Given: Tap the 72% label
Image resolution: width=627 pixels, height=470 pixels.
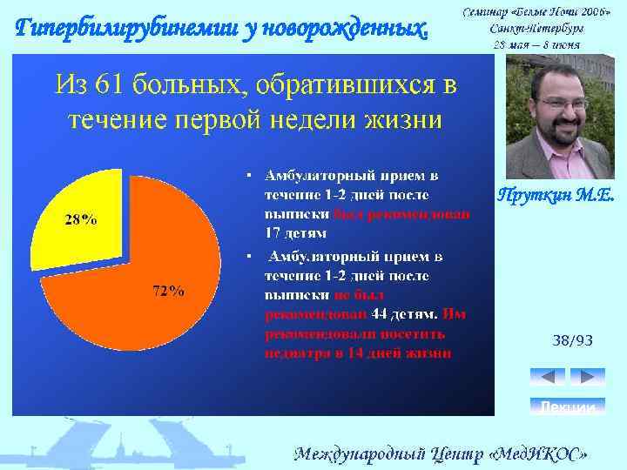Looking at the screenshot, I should click(x=168, y=292).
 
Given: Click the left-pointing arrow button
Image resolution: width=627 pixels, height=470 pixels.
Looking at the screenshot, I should click(x=548, y=377).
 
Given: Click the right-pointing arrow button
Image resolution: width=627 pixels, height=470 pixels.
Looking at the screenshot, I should click(x=587, y=377).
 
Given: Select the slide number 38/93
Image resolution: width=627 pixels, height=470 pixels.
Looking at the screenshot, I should click(x=572, y=341).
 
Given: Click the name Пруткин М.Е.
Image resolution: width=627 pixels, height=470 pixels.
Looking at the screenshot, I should click(x=556, y=197).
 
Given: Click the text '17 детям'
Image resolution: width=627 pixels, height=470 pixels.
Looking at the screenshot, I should click(x=296, y=232).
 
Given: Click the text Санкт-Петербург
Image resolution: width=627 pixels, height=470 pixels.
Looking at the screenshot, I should click(x=536, y=26).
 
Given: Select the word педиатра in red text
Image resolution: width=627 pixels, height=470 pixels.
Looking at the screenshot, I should click(x=296, y=352).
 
